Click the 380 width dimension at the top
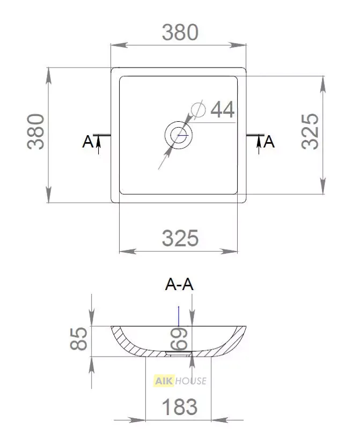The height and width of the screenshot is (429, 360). (x=180, y=33)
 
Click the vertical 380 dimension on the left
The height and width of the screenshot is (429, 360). (x=36, y=131)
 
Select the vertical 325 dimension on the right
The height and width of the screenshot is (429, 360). (x=310, y=131)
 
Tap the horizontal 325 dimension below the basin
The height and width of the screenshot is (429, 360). (x=180, y=238)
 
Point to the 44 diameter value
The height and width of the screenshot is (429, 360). (x=223, y=109)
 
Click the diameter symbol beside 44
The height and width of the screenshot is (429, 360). (x=198, y=109)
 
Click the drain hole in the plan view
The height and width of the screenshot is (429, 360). (x=179, y=135)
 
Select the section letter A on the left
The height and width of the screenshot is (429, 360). (x=87, y=142)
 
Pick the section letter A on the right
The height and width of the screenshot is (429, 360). (x=269, y=142)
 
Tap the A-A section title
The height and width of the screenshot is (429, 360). (x=179, y=284)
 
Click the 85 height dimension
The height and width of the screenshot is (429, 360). (x=78, y=338)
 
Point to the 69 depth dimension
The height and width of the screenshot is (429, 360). (x=179, y=339)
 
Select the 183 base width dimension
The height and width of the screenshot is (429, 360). (x=180, y=407)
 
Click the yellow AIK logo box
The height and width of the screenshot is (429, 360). (x=164, y=381)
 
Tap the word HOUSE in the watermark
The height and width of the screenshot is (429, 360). (x=191, y=381)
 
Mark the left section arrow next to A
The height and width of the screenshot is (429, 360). (x=98, y=144)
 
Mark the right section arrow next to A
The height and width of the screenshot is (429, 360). (x=259, y=144)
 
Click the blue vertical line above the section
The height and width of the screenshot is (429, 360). (x=179, y=316)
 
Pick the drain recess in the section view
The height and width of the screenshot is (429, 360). (x=178, y=353)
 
